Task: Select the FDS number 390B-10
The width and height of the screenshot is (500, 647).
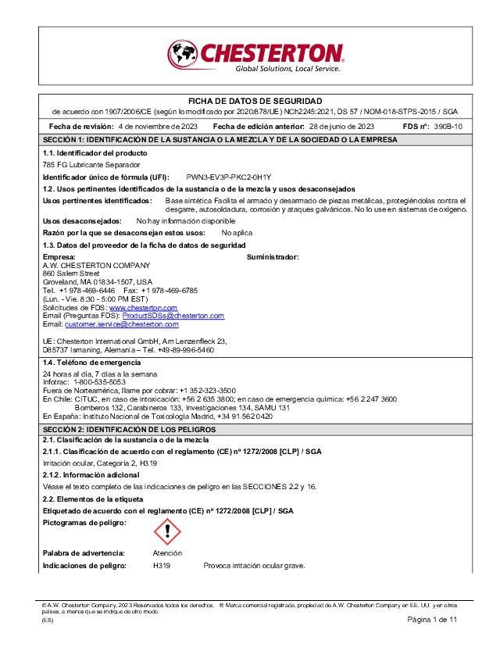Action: tap(448, 126)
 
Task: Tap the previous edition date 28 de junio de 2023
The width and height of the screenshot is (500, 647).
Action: tap(341, 126)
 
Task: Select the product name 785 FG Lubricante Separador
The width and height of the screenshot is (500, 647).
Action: tap(91, 166)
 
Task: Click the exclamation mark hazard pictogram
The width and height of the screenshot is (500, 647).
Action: tap(166, 531)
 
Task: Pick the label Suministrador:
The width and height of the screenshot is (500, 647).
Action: tap(273, 257)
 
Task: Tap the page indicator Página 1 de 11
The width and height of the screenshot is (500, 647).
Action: tap(431, 619)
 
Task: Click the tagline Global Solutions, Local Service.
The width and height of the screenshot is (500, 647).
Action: tap(287, 69)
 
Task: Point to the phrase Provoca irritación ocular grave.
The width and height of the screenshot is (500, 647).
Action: tap(253, 565)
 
